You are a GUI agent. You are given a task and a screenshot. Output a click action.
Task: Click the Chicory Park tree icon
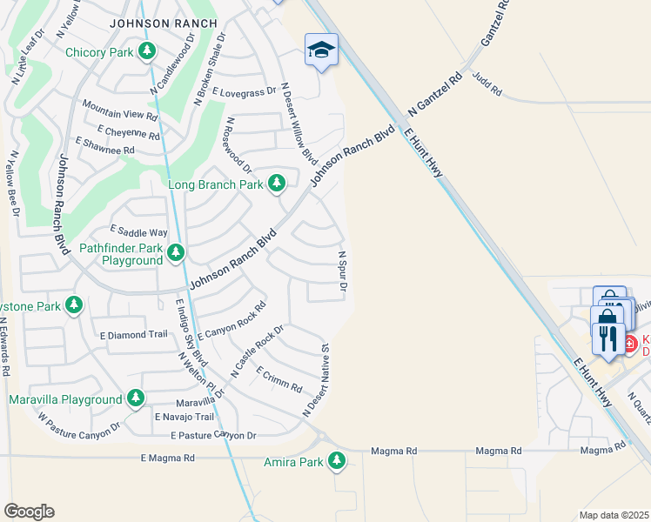pyautogui.click(x=147, y=52)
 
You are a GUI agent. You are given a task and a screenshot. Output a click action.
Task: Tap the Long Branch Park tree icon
pyautogui.click(x=277, y=184)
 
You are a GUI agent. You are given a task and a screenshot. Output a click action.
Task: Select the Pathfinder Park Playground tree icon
pyautogui.click(x=176, y=253)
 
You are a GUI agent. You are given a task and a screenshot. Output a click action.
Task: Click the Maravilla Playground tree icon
pyautogui.click(x=135, y=399)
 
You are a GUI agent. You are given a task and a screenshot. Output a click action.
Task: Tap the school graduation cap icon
pyautogui.click(x=320, y=50)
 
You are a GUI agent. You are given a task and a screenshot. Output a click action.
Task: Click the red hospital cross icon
pyautogui.click(x=630, y=345)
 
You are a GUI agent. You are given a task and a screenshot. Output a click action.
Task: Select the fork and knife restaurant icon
pyautogui.click(x=607, y=336)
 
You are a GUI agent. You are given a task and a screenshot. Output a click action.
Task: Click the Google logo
pyautogui.click(x=29, y=512)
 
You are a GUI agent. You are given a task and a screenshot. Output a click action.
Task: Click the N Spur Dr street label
pyautogui.click(x=343, y=271)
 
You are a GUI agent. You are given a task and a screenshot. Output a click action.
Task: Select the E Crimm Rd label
pyautogui.click(x=279, y=378)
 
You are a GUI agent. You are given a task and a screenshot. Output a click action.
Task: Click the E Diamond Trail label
pyautogui.click(x=133, y=334)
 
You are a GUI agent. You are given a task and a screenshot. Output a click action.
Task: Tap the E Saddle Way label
pyautogui.click(x=138, y=232)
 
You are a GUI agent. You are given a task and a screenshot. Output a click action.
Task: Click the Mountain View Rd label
pyautogui.click(x=119, y=110)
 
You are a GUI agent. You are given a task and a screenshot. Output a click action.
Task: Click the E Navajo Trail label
pyautogui.click(x=185, y=418)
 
